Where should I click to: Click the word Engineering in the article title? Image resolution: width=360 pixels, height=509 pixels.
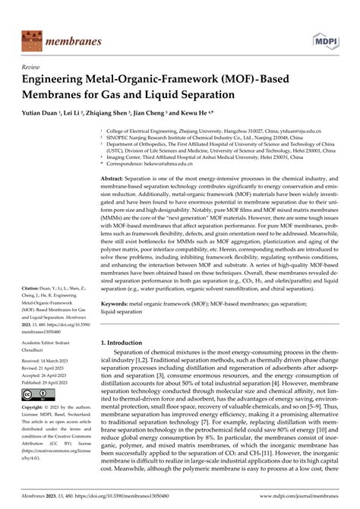click(x=58, y=77)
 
